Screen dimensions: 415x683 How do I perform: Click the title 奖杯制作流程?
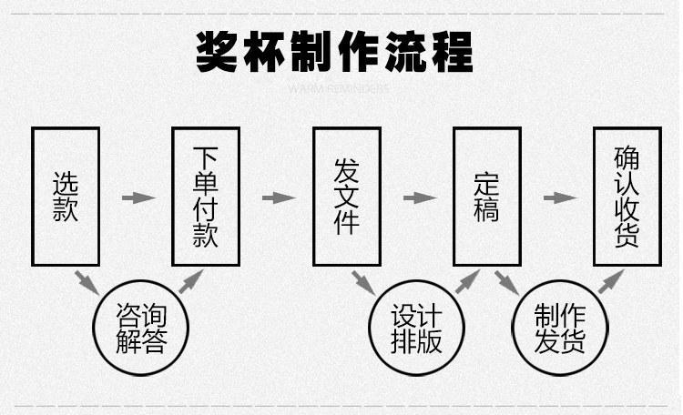pyautogui.click(x=335, y=52)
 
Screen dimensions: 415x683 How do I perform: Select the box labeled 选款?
pyautogui.click(x=66, y=197)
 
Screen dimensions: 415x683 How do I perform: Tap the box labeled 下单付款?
pyautogui.click(x=206, y=197)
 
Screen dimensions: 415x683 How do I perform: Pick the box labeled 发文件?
pyautogui.click(x=346, y=197)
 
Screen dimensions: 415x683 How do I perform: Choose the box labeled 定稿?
pyautogui.click(x=486, y=197)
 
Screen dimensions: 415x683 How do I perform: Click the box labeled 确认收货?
pyautogui.click(x=627, y=197)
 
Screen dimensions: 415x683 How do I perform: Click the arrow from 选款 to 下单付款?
pyautogui.click(x=137, y=197)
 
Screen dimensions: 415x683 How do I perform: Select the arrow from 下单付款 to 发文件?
pyautogui.click(x=278, y=197)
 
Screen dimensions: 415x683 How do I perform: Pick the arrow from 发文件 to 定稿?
pyautogui.click(x=418, y=197)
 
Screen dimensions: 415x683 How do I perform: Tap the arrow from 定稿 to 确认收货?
pyautogui.click(x=559, y=197)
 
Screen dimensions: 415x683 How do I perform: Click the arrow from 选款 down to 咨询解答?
pyautogui.click(x=87, y=281)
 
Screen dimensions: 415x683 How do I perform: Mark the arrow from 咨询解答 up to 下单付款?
pyautogui.click(x=190, y=280)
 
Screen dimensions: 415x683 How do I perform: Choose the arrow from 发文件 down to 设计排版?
pyautogui.click(x=365, y=281)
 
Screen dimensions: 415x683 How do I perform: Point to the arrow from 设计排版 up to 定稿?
pyautogui.click(x=467, y=280)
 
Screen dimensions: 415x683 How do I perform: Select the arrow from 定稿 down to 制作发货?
pyautogui.click(x=506, y=281)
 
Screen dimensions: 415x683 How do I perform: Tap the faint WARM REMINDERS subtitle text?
pyautogui.click(x=337, y=89)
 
